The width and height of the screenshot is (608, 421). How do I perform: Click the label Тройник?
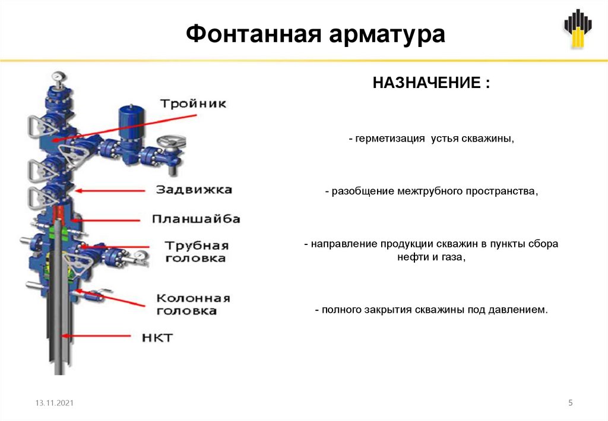(x=193, y=103)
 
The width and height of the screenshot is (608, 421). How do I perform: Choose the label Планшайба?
(x=196, y=219)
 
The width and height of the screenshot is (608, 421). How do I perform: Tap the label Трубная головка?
(x=195, y=252)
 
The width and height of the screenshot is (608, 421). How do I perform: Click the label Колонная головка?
(x=193, y=304)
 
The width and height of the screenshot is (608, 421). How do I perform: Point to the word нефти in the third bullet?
(x=413, y=257)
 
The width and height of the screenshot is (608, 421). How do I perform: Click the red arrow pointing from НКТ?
(x=101, y=337)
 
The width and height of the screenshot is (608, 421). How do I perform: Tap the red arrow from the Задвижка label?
(x=112, y=190)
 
